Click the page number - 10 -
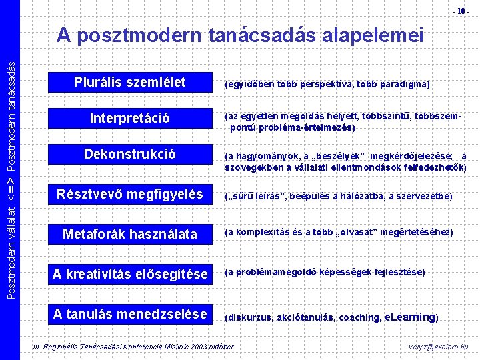point(461,11)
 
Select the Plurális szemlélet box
point(129,83)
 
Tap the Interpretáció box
point(129,119)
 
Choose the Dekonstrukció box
point(129,154)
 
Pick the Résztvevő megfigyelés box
point(129,194)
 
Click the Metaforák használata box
point(129,233)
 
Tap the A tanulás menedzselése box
point(129,313)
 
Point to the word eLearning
point(410,317)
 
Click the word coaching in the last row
point(360,318)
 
